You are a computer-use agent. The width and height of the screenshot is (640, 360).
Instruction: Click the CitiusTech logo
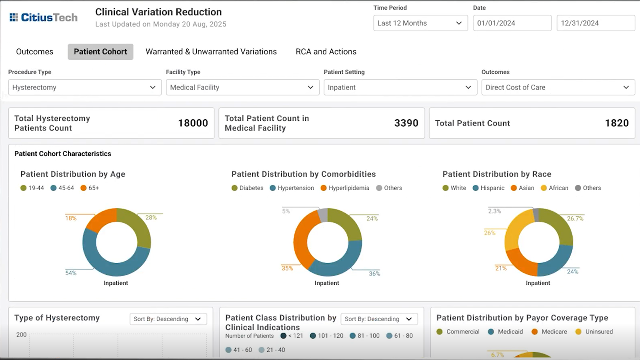click(43, 17)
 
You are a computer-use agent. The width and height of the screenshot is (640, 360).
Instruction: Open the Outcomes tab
click(35, 51)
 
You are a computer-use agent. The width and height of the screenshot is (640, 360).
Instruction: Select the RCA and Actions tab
click(326, 51)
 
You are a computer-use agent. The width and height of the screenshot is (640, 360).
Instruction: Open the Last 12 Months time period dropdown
click(420, 23)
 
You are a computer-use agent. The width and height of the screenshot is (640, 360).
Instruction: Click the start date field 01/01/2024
click(512, 23)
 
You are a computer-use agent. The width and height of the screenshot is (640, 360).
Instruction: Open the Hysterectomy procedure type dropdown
click(85, 87)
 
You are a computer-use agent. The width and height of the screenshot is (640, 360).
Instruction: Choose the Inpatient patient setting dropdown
click(400, 87)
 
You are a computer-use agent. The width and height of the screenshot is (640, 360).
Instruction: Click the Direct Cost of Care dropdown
click(558, 87)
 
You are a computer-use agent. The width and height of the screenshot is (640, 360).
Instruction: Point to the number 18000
click(193, 123)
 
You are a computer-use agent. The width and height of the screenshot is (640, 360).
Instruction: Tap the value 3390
click(406, 123)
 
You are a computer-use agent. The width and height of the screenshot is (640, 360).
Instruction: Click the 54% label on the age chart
click(71, 273)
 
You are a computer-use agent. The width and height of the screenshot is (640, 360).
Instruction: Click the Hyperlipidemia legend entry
click(345, 188)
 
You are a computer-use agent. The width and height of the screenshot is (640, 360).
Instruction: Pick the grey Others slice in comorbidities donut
click(323, 215)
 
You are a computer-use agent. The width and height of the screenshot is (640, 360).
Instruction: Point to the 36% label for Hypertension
click(374, 274)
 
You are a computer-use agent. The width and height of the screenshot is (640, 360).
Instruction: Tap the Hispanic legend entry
click(489, 188)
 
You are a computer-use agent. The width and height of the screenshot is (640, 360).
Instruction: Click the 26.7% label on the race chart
click(575, 219)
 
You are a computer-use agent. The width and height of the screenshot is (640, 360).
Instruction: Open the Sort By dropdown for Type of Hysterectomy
click(168, 319)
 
